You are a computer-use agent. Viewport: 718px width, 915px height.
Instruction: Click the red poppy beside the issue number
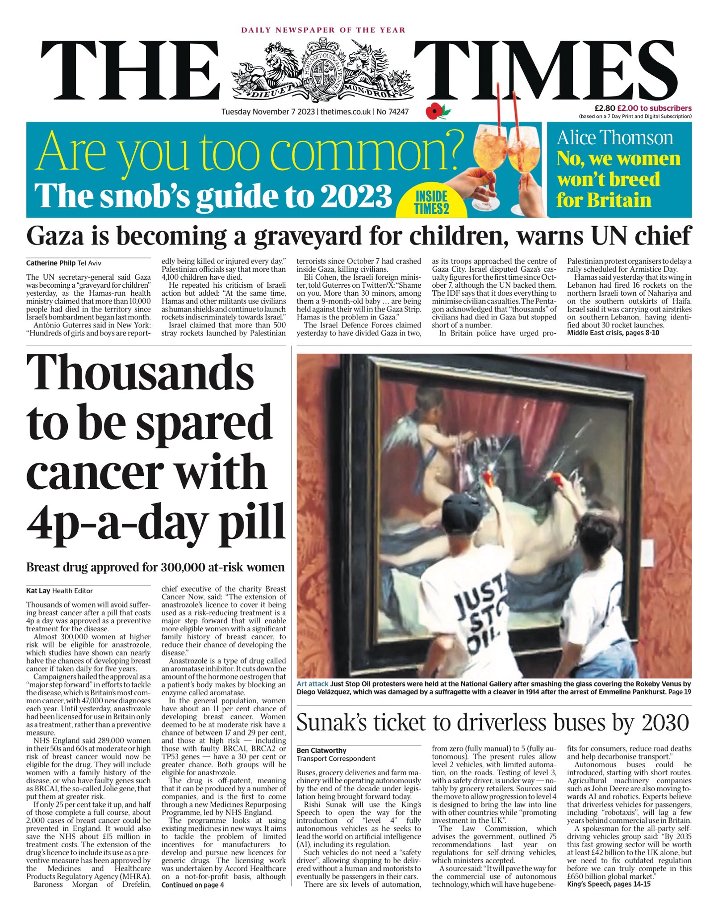coord(434,111)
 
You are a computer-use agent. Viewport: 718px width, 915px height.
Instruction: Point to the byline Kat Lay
coord(38,591)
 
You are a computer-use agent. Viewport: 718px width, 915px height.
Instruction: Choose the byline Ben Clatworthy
coord(321,750)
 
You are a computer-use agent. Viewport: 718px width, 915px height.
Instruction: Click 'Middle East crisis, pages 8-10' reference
coord(613,333)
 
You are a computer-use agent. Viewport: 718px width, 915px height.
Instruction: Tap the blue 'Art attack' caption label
coord(313,684)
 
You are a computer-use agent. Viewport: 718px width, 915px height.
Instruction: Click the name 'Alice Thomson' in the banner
coord(614,138)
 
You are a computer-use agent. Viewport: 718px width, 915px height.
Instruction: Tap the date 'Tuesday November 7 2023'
coord(268,112)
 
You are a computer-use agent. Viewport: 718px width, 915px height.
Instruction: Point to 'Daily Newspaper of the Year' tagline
coord(323,30)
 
